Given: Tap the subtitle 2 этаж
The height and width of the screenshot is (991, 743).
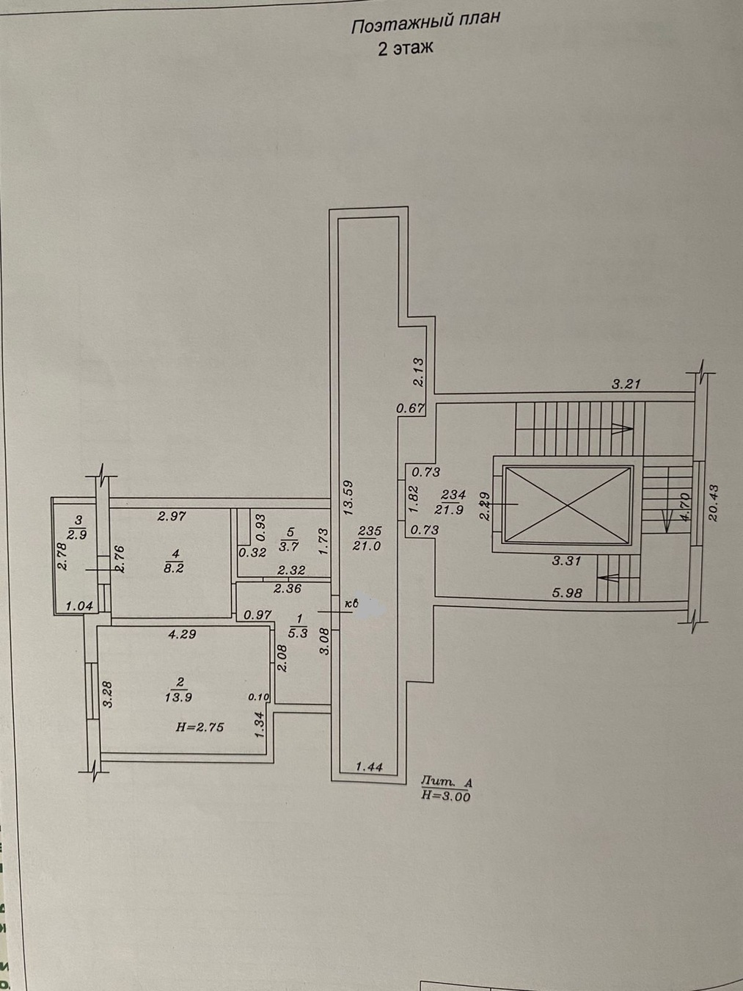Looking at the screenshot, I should click(x=405, y=48).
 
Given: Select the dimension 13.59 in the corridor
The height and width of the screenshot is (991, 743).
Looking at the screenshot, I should click(x=349, y=499).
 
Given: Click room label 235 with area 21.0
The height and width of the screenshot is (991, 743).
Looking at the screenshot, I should click(x=370, y=537).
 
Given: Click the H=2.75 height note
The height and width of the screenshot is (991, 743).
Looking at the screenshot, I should click(x=200, y=727).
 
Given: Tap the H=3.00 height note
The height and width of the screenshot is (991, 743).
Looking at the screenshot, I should click(x=446, y=794).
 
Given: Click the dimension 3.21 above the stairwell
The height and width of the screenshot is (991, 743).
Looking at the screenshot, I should click(x=627, y=383).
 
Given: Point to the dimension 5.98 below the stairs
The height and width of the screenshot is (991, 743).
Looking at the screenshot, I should click(x=567, y=592).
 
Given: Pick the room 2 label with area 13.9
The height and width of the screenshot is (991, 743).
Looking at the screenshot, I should click(x=179, y=690).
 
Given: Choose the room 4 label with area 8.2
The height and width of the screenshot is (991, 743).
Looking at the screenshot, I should click(x=173, y=560).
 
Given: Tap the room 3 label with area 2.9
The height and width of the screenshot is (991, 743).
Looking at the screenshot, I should click(x=77, y=527).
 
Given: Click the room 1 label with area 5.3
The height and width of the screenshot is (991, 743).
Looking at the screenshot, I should click(x=297, y=625).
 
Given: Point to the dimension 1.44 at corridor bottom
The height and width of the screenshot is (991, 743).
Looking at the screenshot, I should click(x=370, y=767).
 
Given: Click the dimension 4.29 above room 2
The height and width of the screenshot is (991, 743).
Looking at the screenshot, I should click(x=182, y=634).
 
